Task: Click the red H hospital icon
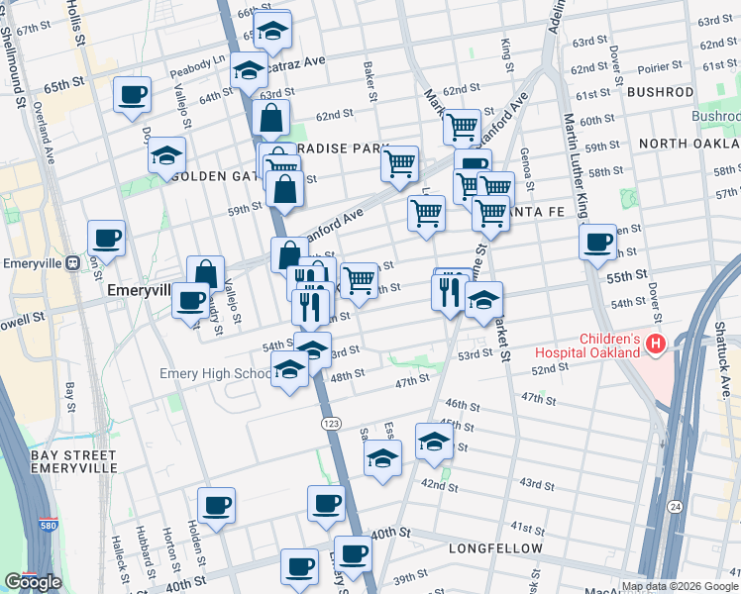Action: (x=654, y=345)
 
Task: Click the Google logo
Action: (x=33, y=582)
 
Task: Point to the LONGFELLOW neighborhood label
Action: (x=495, y=548)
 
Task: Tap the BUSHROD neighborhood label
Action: (x=660, y=92)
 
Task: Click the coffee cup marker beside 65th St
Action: (x=132, y=95)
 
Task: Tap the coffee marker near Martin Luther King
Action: (x=597, y=242)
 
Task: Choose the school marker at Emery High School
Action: (x=289, y=372)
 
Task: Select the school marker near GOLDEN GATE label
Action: (x=167, y=155)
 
